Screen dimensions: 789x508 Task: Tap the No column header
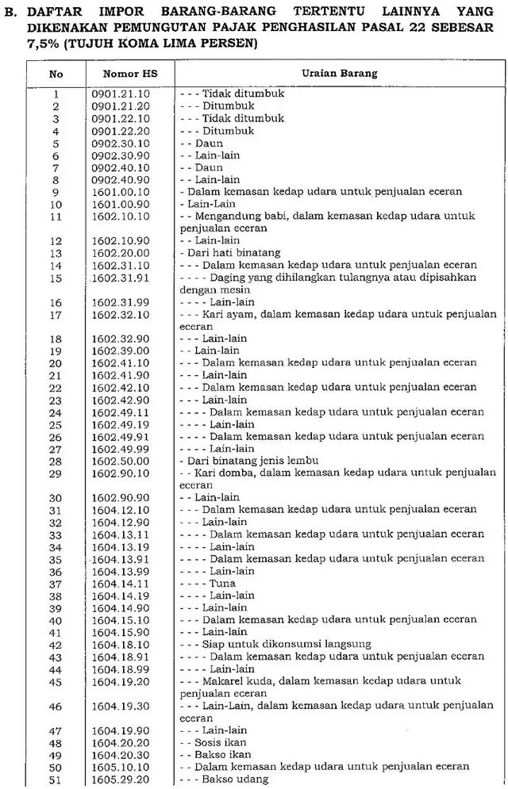[x=56, y=73]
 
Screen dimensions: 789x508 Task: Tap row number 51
[x=56, y=779]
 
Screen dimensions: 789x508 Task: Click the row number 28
[x=56, y=461]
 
